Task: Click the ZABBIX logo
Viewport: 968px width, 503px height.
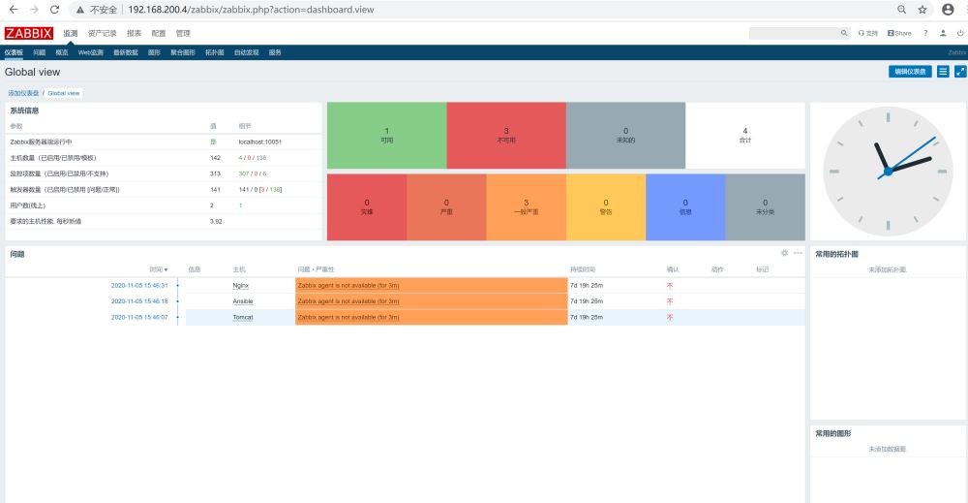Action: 29,33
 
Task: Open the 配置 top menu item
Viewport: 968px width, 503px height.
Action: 159,33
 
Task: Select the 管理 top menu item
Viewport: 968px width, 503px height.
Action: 183,33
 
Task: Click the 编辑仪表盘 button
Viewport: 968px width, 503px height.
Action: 910,72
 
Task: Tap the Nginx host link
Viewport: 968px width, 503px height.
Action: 242,286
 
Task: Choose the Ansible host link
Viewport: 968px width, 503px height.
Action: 243,301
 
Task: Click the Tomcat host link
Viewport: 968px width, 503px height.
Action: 243,317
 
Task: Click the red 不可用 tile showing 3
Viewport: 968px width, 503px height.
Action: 506,135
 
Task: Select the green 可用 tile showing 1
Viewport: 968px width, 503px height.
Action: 387,135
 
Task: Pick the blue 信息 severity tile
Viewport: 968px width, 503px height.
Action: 685,206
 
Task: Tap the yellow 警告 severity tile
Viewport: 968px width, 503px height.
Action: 606,206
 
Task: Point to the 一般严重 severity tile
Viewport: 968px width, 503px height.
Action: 527,206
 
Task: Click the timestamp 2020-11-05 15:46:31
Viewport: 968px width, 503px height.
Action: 139,286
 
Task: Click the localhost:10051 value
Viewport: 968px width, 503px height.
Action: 259,141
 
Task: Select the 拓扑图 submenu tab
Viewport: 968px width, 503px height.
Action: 214,52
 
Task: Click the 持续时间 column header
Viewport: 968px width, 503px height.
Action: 583,268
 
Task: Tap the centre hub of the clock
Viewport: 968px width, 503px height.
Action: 888,172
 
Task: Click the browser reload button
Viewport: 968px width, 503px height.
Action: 54,10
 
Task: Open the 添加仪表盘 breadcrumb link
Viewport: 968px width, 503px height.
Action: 24,93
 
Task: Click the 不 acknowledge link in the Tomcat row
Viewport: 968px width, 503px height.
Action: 670,317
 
